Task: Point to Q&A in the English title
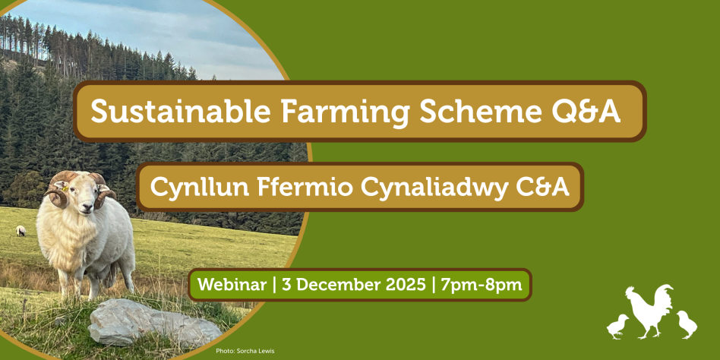[586, 112]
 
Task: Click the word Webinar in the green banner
[232, 285]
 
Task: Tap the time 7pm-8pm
[482, 285]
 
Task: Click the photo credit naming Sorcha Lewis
[245, 352]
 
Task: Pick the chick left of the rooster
[617, 327]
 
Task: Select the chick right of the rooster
[687, 324]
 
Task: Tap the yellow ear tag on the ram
[65, 188]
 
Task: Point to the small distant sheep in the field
[21, 231]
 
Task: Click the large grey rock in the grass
[154, 324]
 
